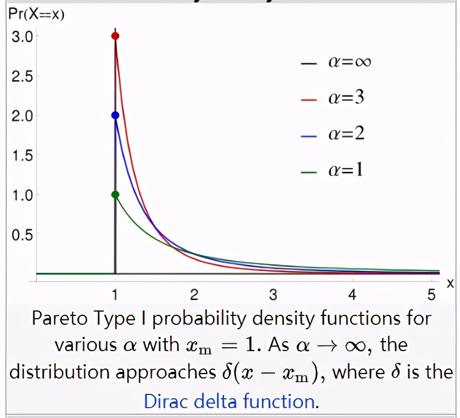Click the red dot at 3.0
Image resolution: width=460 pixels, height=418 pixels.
tap(115, 36)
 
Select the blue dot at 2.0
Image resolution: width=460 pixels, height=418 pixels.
tap(115, 115)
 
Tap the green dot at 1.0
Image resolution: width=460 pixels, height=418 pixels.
tap(115, 194)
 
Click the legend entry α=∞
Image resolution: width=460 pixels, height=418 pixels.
tap(336, 62)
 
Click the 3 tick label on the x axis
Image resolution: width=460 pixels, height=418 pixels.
tap(273, 296)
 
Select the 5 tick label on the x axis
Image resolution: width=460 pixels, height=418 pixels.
tap(431, 296)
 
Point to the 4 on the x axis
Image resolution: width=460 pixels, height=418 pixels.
tap(352, 296)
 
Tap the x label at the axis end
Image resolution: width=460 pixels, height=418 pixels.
tap(450, 283)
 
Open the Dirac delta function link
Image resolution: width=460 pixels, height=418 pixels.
tap(229, 401)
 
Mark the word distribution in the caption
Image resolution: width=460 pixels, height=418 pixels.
tap(54, 373)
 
